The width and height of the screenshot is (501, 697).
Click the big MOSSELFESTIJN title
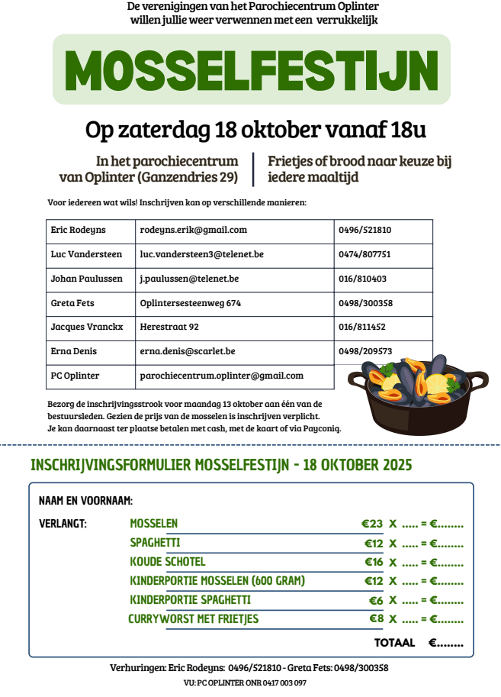[x=252, y=69]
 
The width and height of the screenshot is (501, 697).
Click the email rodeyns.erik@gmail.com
[x=194, y=230]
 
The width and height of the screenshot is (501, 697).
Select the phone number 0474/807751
[x=365, y=254]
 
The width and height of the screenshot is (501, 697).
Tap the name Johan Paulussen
[x=86, y=279]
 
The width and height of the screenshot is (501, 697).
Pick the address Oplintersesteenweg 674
[x=191, y=303]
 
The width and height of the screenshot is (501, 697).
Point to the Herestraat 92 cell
[x=169, y=327]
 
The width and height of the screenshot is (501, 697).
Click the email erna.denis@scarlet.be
[x=188, y=351]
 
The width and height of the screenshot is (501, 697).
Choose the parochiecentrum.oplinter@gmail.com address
[x=222, y=376]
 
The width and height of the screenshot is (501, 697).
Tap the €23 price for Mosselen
[x=372, y=524]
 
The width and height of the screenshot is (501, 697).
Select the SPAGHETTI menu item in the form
[x=155, y=543]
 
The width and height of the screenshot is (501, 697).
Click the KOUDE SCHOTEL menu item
[x=168, y=562]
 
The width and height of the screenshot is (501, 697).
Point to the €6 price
[x=376, y=601]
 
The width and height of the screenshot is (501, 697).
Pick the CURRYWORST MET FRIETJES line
[x=194, y=619]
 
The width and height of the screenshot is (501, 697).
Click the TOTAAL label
[x=394, y=643]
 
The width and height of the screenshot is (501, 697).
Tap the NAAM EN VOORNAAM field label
[x=85, y=501]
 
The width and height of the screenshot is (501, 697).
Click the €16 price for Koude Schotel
[x=373, y=563]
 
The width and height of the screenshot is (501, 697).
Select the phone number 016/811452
[x=362, y=327]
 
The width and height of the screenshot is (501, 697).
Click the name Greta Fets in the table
[x=72, y=303]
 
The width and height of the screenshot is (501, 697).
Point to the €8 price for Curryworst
[x=376, y=619]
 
